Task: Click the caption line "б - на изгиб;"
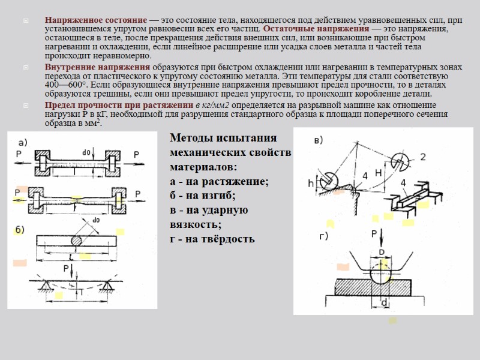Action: click(203, 195)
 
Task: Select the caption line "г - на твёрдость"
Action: click(212, 238)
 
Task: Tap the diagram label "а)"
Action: click(24, 142)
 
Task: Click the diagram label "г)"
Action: click(323, 237)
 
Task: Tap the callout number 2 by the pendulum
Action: click(423, 157)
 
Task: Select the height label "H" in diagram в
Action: click(379, 172)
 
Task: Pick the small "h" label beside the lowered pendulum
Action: click(311, 183)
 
